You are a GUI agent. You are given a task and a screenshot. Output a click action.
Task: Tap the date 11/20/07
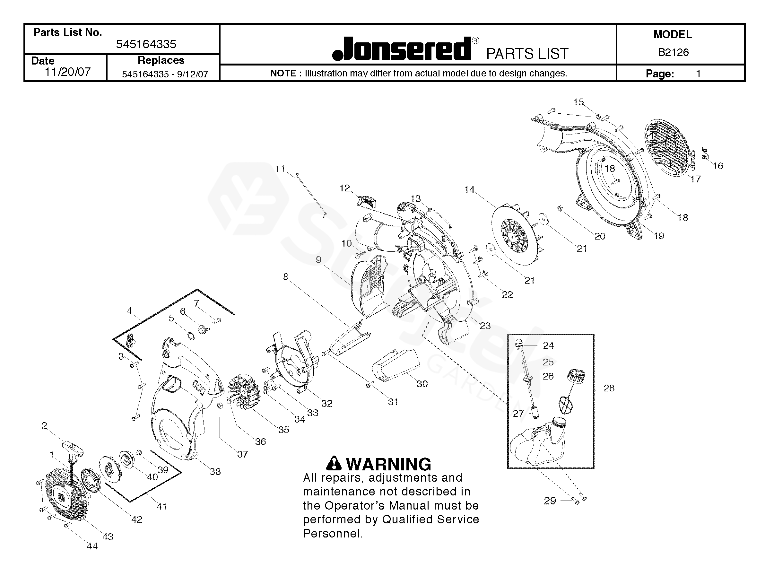click(67, 72)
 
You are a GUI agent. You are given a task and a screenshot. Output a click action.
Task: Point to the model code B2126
click(673, 52)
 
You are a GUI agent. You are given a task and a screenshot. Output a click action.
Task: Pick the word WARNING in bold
click(388, 464)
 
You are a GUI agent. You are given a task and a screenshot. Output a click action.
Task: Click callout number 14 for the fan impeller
click(469, 190)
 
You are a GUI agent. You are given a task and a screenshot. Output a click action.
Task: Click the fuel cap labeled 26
click(576, 376)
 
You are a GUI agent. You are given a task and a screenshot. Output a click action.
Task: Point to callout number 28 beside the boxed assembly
click(609, 388)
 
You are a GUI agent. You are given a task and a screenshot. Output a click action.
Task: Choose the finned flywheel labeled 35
click(244, 392)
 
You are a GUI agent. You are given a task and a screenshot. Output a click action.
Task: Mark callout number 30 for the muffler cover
click(422, 384)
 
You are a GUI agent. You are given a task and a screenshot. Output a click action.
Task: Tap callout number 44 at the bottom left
click(92, 546)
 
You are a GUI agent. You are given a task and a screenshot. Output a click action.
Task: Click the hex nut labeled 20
click(561, 209)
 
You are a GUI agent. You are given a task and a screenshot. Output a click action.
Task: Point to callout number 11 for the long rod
click(280, 169)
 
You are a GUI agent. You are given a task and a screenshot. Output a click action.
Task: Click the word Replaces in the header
click(161, 60)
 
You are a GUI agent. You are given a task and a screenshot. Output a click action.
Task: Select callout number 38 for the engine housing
click(215, 471)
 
